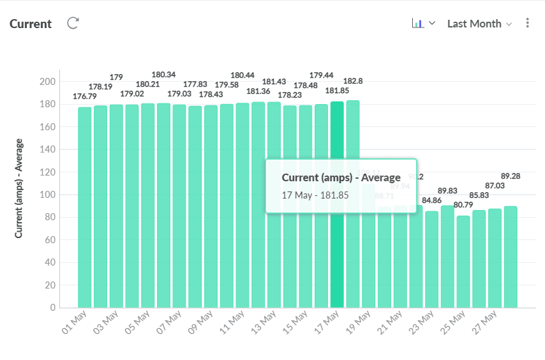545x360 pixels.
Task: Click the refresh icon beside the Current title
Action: [73, 24]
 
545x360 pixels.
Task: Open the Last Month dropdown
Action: [479, 24]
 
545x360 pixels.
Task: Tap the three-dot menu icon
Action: [527, 23]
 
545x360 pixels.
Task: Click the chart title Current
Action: [31, 24]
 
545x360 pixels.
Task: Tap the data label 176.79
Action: [85, 97]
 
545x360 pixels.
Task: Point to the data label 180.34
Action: [164, 75]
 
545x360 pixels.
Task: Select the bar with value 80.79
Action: [463, 262]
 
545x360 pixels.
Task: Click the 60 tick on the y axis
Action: [50, 240]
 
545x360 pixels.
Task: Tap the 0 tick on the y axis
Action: [53, 308]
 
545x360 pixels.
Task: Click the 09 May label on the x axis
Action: [201, 324]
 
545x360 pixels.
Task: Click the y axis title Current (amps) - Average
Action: [19, 188]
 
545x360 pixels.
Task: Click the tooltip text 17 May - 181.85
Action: [315, 195]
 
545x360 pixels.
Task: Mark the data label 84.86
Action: [432, 200]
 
